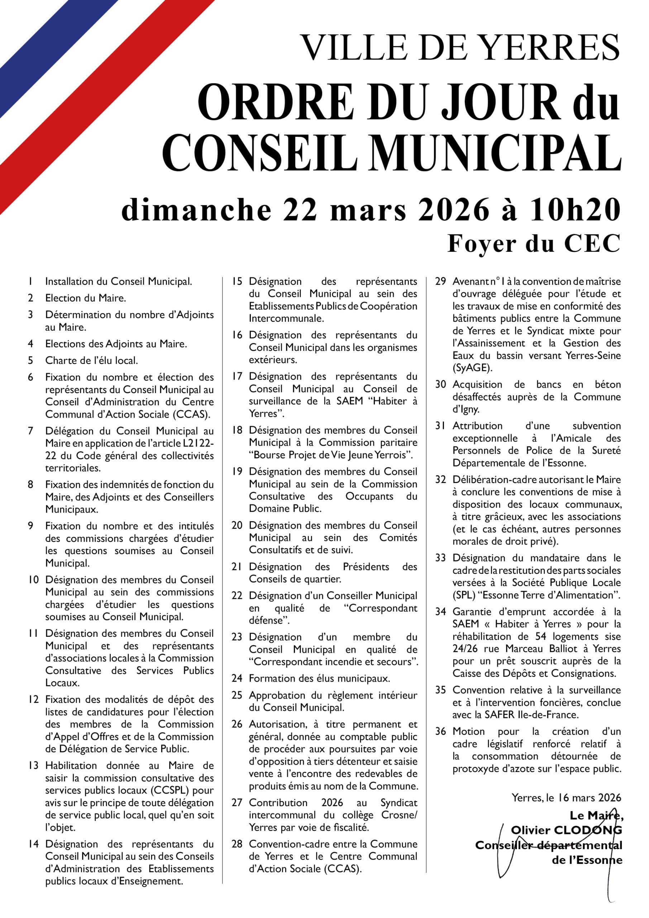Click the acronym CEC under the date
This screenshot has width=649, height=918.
pos(592,243)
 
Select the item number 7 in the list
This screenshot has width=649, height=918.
pos(31,431)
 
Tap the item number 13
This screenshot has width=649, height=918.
pos(33,765)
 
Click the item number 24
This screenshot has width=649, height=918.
pos(237,678)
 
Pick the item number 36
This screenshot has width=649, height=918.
pos(440,731)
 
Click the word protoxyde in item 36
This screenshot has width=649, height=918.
pos(476,768)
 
